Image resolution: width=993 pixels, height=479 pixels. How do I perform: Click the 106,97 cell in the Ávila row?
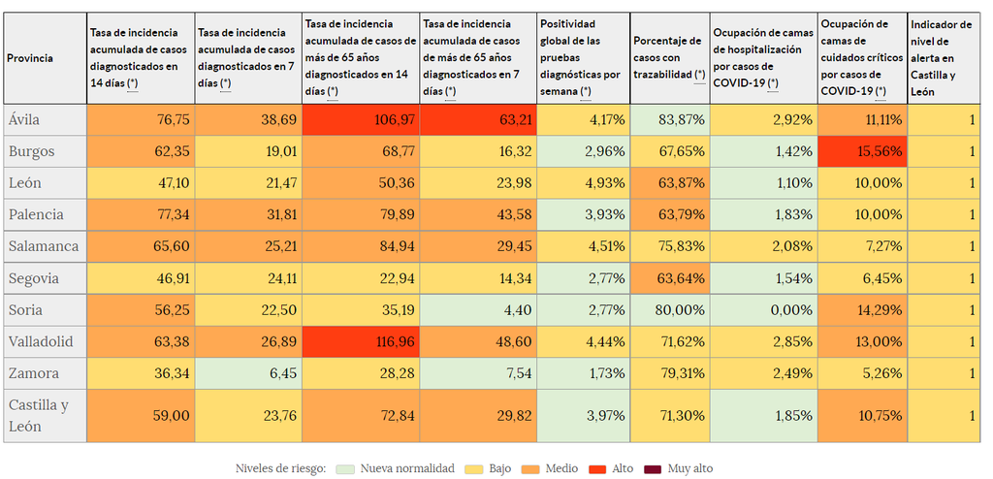point(361,120)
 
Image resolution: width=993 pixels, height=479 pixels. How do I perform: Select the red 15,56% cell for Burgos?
point(862,152)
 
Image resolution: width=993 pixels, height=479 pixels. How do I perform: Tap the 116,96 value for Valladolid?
point(361,341)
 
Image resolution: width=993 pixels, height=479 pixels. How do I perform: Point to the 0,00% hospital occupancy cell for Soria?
point(762,310)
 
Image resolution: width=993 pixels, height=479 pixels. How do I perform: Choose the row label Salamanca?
point(45,246)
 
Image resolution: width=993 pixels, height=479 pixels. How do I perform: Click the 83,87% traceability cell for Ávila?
point(668,120)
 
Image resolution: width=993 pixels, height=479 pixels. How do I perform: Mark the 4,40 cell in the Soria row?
point(478,310)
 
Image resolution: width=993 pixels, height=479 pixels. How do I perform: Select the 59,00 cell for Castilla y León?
point(141,415)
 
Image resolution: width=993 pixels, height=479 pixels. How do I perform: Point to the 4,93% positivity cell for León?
point(583,183)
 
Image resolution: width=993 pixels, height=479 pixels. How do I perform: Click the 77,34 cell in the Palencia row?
point(141,215)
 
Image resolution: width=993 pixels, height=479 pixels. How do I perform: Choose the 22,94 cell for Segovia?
point(361,278)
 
